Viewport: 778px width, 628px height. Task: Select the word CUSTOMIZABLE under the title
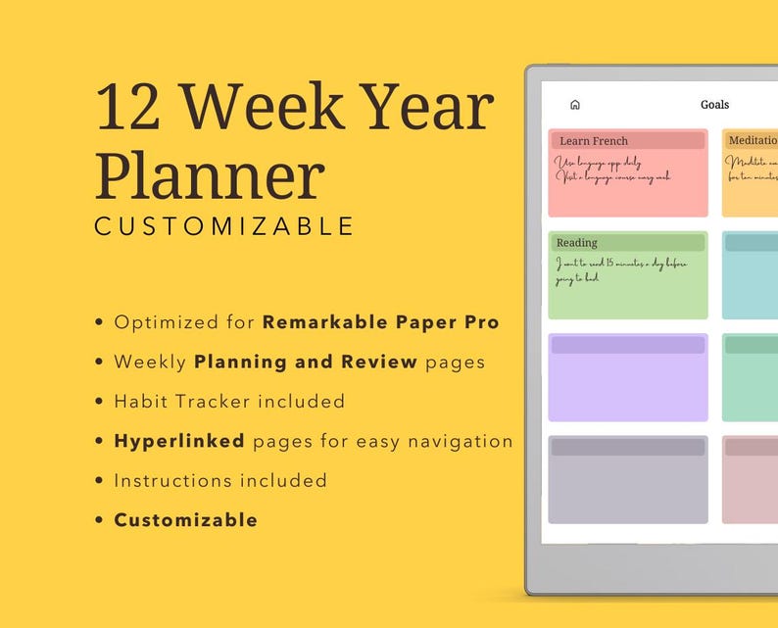(x=223, y=226)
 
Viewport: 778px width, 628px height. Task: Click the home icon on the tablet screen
(x=575, y=105)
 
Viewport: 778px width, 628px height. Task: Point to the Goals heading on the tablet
(x=714, y=105)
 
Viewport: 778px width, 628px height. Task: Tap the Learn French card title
(x=594, y=141)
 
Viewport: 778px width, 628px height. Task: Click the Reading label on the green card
(x=576, y=243)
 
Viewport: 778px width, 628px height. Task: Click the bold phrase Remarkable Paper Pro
(x=380, y=322)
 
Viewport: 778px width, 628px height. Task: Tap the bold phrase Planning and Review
(x=306, y=362)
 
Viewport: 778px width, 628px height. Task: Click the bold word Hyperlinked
(x=179, y=441)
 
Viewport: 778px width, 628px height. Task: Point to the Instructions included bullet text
(x=220, y=481)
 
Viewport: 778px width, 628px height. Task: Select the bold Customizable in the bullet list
(x=186, y=520)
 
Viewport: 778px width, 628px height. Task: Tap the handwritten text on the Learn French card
(x=612, y=169)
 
